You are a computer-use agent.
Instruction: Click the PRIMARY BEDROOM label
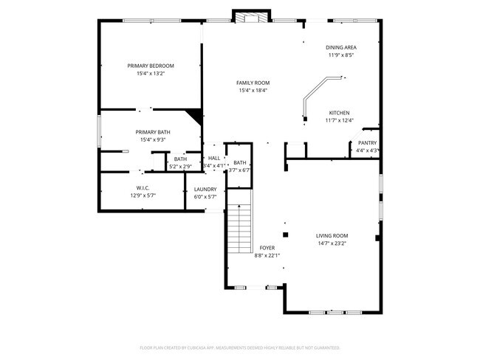pyautogui.click(x=150, y=66)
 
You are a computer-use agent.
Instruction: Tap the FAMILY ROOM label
pyautogui.click(x=253, y=83)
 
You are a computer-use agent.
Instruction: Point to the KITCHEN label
pyautogui.click(x=339, y=112)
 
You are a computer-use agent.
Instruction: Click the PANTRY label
pyautogui.click(x=367, y=142)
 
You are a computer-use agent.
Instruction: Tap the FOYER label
pyautogui.click(x=267, y=248)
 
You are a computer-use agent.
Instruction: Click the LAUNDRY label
pyautogui.click(x=205, y=190)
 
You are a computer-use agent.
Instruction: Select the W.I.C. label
pyautogui.click(x=143, y=188)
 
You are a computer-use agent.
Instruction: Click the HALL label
pyautogui.click(x=213, y=158)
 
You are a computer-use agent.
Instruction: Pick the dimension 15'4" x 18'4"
pyautogui.click(x=253, y=91)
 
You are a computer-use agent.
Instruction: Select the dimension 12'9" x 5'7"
pyautogui.click(x=143, y=196)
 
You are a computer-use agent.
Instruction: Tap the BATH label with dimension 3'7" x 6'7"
pyautogui.click(x=240, y=163)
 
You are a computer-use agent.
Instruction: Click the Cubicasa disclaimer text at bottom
pyautogui.click(x=240, y=346)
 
